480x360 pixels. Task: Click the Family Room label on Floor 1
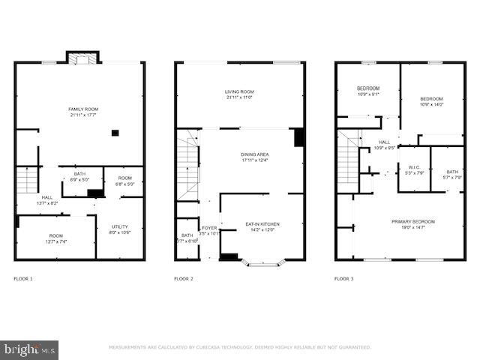click(83, 112)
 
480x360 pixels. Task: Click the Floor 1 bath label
click(79, 177)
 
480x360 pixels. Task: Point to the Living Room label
click(241, 94)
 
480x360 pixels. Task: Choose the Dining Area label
click(255, 157)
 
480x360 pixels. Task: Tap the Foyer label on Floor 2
click(208, 230)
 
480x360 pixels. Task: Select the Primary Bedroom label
click(412, 224)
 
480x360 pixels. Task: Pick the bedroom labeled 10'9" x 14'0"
click(431, 102)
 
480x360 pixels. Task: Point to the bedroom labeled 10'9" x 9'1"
click(367, 91)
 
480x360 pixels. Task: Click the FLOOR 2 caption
click(184, 279)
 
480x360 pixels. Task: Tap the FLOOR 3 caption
click(344, 279)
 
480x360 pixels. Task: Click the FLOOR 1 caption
click(23, 279)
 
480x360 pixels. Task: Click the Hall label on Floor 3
click(384, 145)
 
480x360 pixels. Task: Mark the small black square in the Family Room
click(115, 133)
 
